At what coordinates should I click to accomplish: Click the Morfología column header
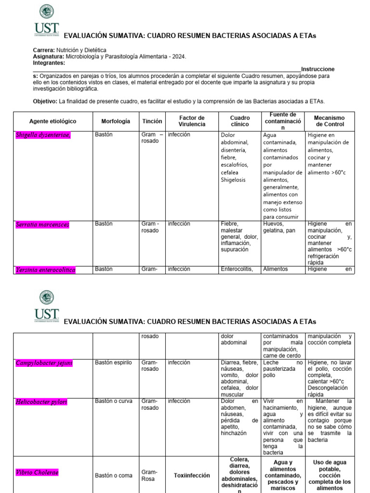tap(116, 121)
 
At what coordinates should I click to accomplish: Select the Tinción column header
tap(152, 121)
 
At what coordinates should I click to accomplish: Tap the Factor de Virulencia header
tap(192, 121)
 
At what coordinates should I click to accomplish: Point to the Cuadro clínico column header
tap(240, 121)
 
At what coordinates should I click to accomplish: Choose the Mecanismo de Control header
tap(330, 121)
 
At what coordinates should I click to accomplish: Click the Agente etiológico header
tap(53, 121)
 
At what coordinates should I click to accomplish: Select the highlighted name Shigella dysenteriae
tap(43, 135)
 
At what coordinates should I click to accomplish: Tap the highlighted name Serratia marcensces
tap(42, 224)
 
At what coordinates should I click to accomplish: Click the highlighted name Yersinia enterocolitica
tap(45, 270)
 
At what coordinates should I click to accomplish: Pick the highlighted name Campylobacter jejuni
tap(44, 363)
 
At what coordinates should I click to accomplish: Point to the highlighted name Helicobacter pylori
tap(41, 402)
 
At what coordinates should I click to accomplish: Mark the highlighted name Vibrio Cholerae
tap(37, 472)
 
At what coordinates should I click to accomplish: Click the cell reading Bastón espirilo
tap(113, 363)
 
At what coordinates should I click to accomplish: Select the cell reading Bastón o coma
tap(113, 475)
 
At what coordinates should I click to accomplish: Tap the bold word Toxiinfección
tap(192, 475)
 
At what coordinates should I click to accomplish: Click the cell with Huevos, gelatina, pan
tap(278, 227)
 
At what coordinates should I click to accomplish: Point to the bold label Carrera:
tap(44, 50)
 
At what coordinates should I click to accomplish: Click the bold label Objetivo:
tap(45, 101)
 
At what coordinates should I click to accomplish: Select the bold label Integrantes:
tap(49, 63)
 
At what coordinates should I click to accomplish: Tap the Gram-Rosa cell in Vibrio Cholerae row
tap(149, 476)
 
